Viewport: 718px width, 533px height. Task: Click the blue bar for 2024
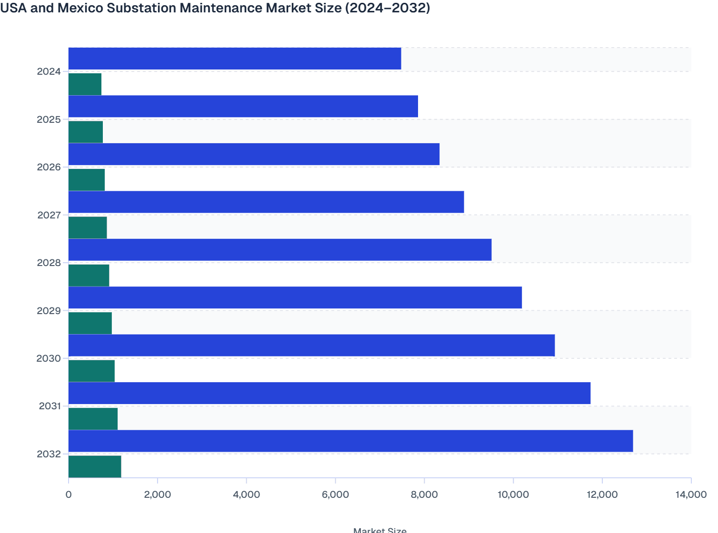pos(235,59)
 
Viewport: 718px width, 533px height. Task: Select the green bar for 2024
pos(85,84)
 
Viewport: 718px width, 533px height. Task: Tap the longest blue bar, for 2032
pos(350,441)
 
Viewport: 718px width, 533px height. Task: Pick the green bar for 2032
pos(95,466)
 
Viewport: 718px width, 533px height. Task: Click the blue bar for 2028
pos(280,250)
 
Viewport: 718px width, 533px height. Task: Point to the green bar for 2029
pos(90,323)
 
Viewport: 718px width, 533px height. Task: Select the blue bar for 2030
pos(311,345)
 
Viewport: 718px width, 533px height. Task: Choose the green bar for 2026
pos(87,180)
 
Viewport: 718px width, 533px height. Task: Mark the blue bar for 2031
pos(329,393)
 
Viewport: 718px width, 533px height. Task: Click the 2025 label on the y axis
pos(49,119)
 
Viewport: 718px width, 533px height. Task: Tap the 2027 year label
pos(49,215)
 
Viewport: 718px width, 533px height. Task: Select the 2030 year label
pos(49,358)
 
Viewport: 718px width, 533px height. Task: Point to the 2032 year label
pos(49,454)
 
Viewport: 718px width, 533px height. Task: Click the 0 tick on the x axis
pos(69,494)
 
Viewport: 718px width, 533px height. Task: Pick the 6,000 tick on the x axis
pos(335,494)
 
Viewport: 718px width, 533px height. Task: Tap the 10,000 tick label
pos(513,494)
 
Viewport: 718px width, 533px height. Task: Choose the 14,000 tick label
pos(690,494)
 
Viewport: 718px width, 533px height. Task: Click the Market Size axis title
pos(379,530)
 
